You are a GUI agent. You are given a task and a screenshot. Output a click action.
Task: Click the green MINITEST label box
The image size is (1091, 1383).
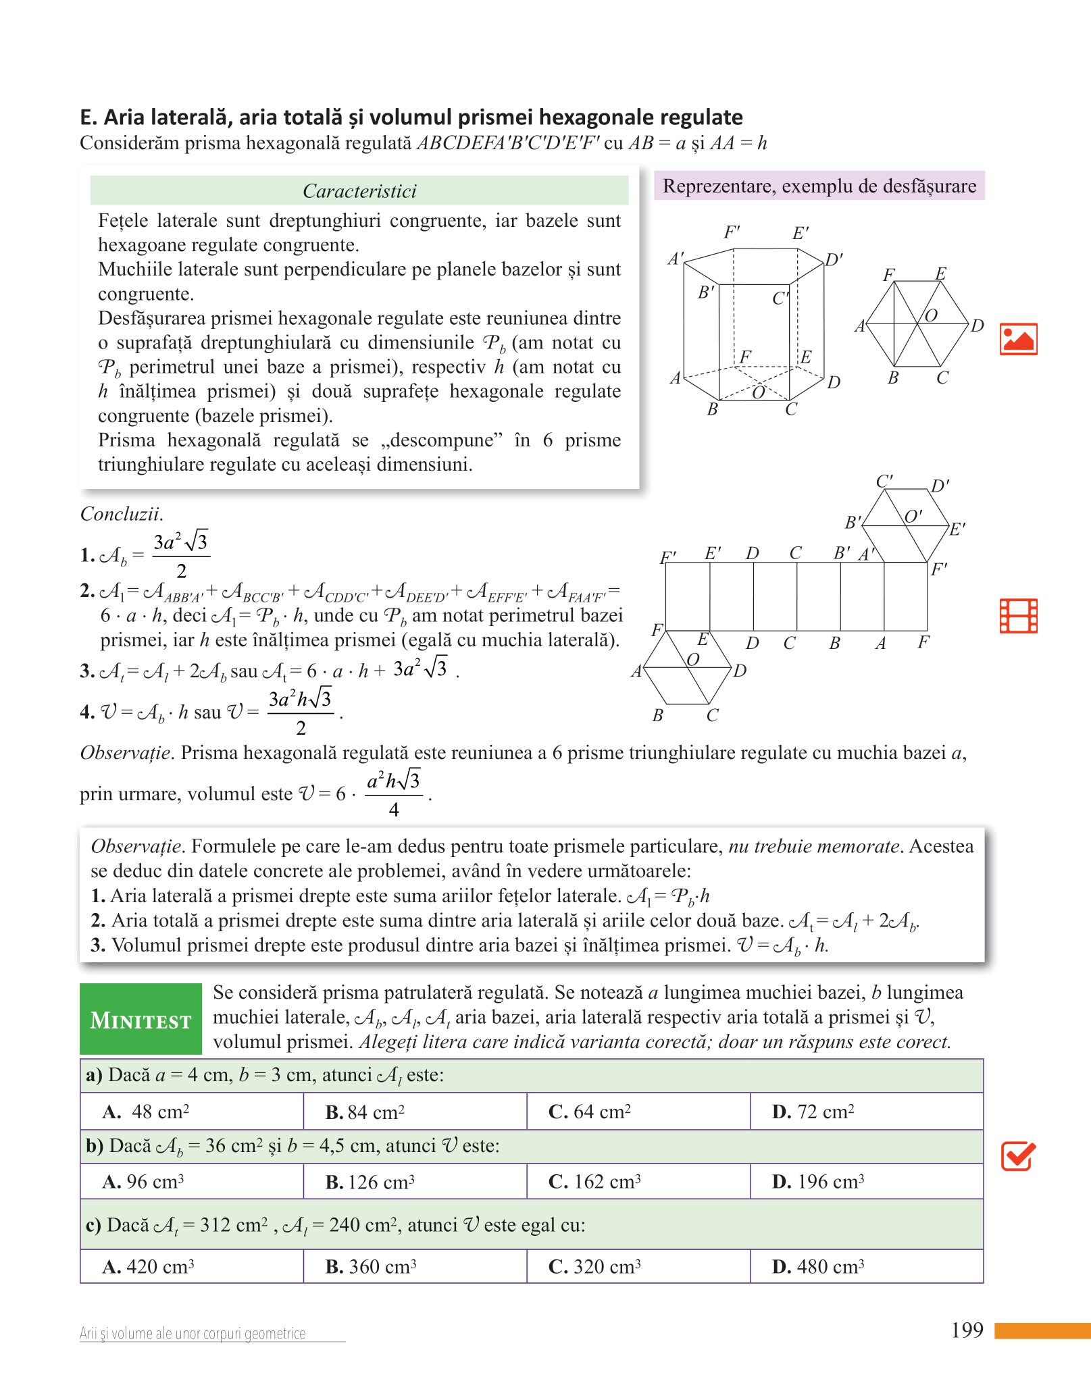(x=141, y=1019)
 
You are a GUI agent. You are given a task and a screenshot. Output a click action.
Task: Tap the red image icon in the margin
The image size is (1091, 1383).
(x=1018, y=339)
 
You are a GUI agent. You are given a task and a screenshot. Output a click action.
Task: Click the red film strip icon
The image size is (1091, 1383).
(x=1018, y=616)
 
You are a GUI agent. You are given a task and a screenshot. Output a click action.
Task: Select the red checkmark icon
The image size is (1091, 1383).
(x=1017, y=1156)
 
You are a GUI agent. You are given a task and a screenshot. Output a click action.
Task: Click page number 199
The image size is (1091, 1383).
(x=967, y=1330)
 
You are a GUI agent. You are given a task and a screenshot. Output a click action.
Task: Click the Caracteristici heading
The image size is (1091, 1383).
(x=359, y=191)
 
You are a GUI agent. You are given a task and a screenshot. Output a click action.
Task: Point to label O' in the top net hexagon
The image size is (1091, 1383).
(x=913, y=517)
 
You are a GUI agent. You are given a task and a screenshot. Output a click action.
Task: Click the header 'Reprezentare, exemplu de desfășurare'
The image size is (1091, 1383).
(x=819, y=186)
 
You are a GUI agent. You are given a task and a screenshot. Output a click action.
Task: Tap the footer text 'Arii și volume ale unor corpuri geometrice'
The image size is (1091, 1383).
(x=193, y=1334)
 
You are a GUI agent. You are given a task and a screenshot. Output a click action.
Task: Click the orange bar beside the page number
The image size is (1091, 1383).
(x=1042, y=1330)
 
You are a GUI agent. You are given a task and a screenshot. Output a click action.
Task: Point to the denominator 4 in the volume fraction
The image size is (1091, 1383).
(x=394, y=810)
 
